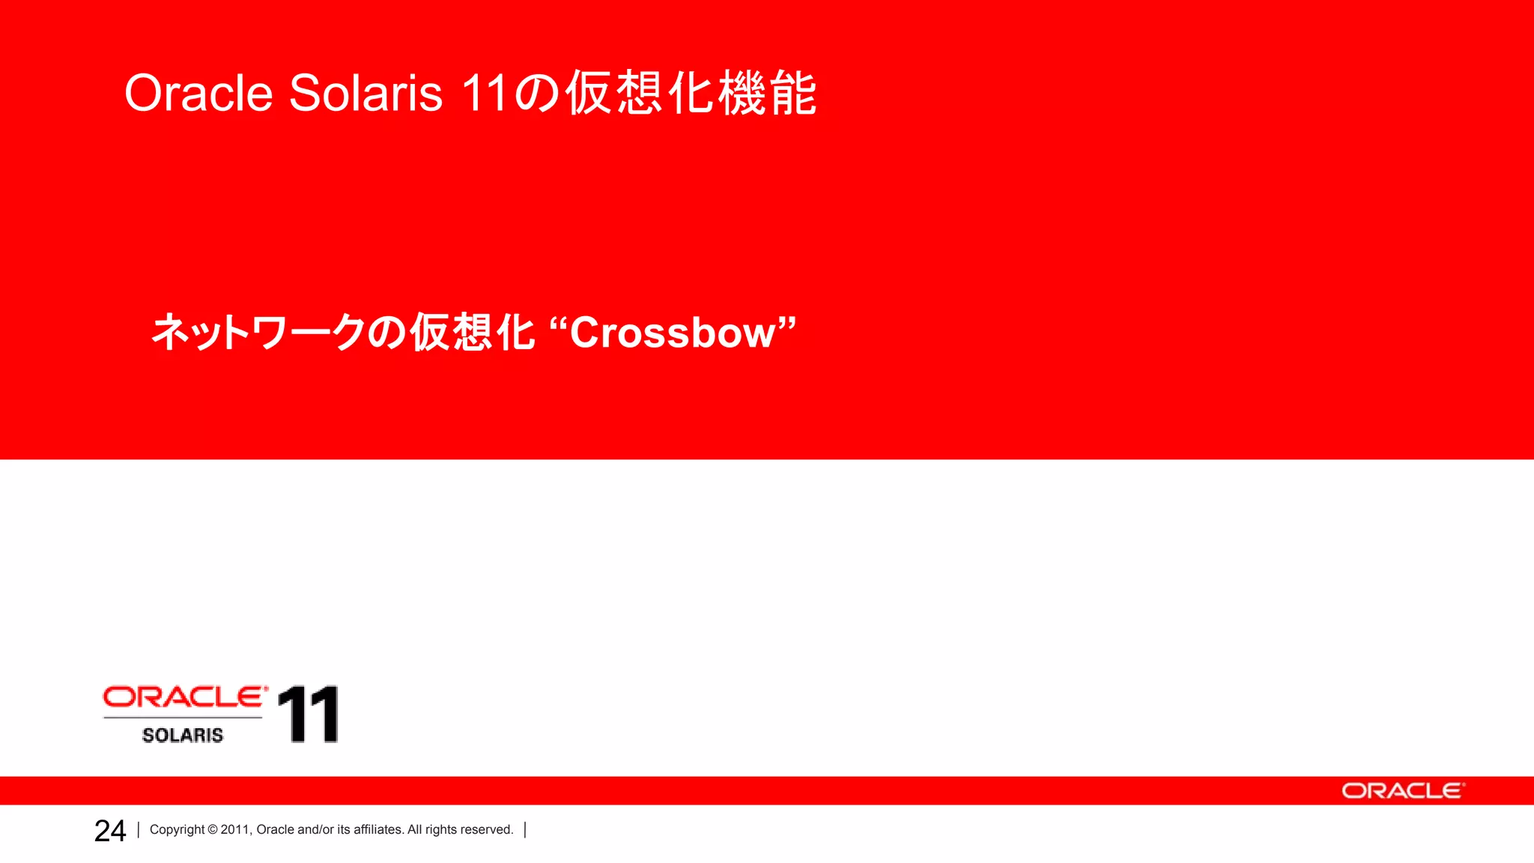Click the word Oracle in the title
pyautogui.click(x=198, y=94)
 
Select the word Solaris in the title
pyautogui.click(x=366, y=94)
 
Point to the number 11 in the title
pyautogui.click(x=485, y=94)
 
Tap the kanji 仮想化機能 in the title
pyautogui.click(x=691, y=94)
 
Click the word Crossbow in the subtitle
pyautogui.click(x=672, y=333)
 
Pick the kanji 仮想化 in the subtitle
pyautogui.click(x=473, y=333)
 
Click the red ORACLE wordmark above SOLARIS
pyautogui.click(x=184, y=697)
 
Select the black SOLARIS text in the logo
pyautogui.click(x=183, y=736)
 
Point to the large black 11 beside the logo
pyautogui.click(x=309, y=715)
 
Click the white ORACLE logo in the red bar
pyautogui.click(x=1402, y=791)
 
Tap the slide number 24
pyautogui.click(x=110, y=831)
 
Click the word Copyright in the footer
pyautogui.click(x=177, y=830)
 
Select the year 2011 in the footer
pyautogui.click(x=235, y=830)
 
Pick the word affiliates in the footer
pyautogui.click(x=378, y=830)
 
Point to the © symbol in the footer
pyautogui.click(x=213, y=830)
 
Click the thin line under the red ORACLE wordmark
pyautogui.click(x=183, y=718)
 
